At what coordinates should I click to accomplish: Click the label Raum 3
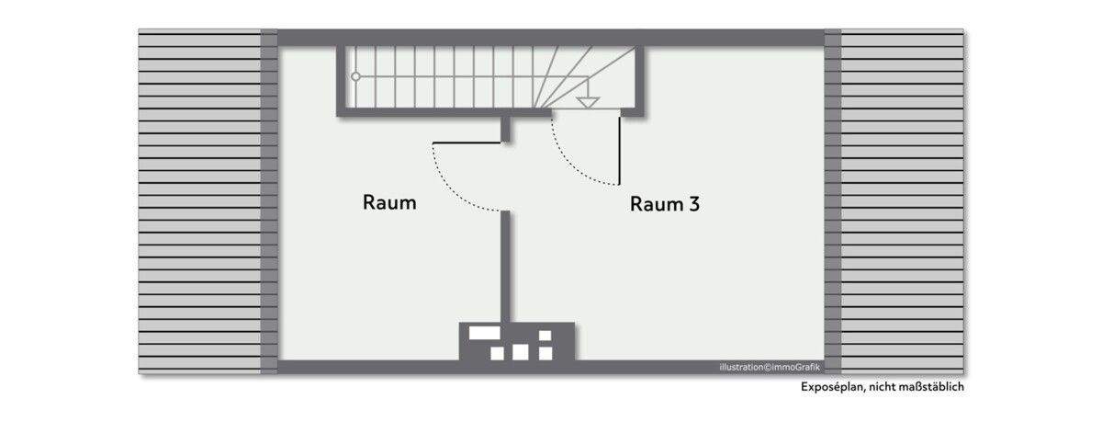[664, 204]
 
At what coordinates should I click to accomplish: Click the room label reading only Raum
[389, 203]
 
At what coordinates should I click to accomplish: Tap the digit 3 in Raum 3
[693, 204]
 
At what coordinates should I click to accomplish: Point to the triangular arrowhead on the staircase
[588, 102]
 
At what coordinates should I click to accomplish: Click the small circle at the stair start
[356, 77]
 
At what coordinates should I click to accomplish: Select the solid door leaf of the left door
[467, 142]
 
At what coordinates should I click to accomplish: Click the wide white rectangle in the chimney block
[484, 333]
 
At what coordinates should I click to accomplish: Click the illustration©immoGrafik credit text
[770, 368]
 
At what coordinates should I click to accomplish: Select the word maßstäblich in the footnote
[931, 387]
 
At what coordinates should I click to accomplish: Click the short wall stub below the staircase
[505, 129]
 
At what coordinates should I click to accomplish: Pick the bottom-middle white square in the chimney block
[521, 351]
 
